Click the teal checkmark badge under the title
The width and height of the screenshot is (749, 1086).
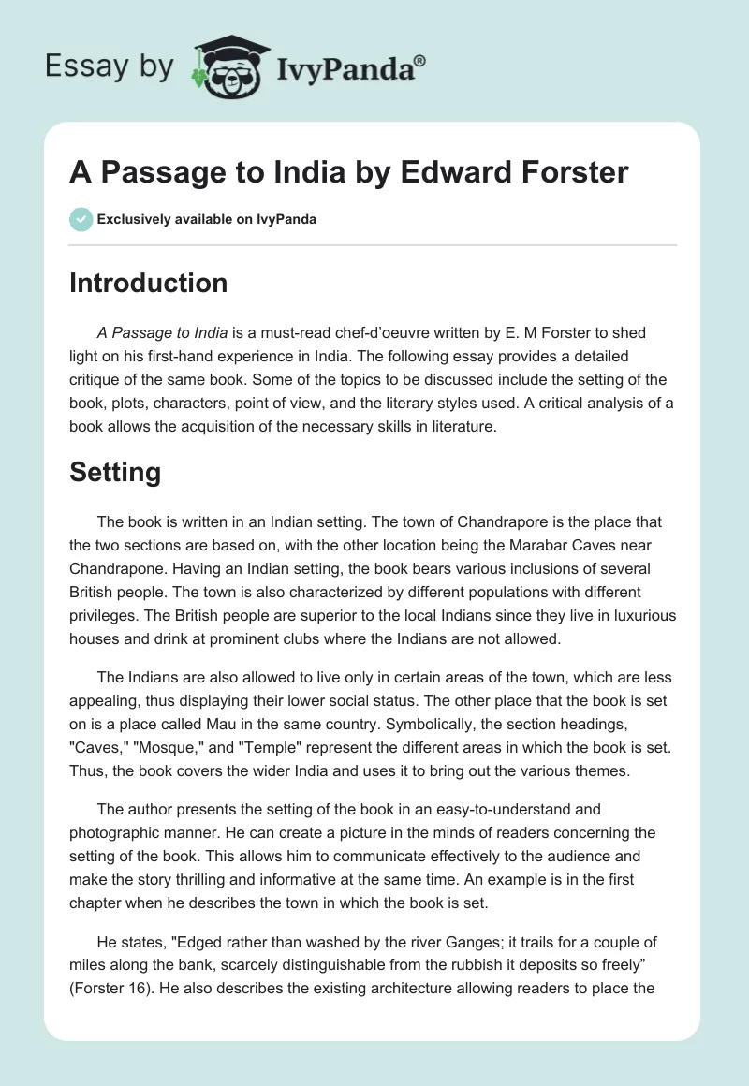81,219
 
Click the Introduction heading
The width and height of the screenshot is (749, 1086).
148,283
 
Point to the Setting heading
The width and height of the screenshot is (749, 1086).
115,473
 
